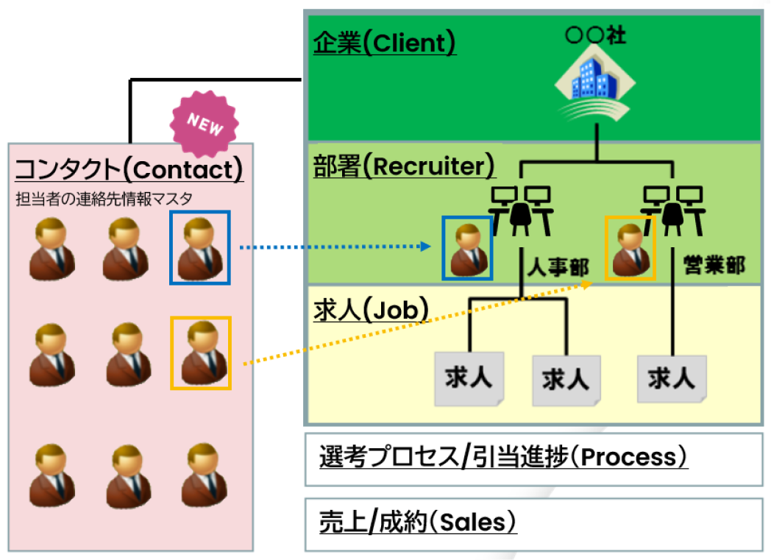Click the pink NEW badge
pos(205,124)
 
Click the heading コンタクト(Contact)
pos(129,170)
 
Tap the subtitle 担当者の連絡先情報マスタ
pos(104,198)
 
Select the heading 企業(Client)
pos(385,43)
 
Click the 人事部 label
pos(557,266)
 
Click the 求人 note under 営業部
pos(672,379)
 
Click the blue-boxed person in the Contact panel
pos(200,247)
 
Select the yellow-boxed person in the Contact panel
pos(200,353)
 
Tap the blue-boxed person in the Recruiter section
pos(467,249)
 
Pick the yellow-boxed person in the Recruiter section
pos(630,249)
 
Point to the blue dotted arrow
pos(335,247)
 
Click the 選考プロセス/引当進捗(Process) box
pos(533,459)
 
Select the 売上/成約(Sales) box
pos(533,523)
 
